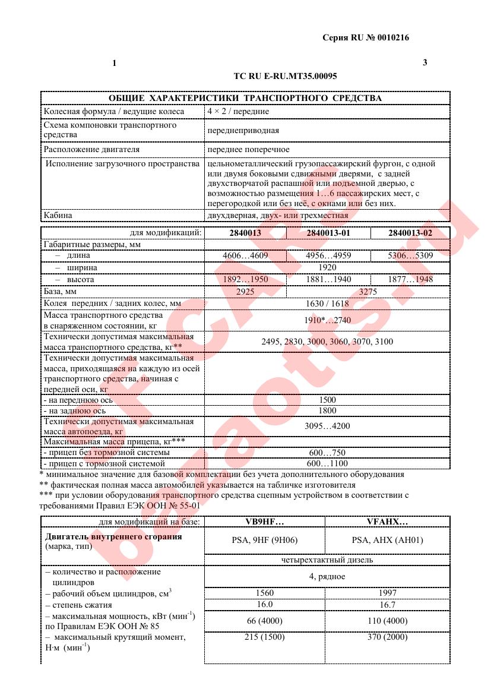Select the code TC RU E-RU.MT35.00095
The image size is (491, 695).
click(x=286, y=76)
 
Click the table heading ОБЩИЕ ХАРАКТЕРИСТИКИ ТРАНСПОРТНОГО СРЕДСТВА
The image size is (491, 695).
click(x=245, y=98)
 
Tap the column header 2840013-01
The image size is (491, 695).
click(x=328, y=233)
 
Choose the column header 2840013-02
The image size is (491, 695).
click(x=410, y=233)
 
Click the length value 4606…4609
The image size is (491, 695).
click(x=245, y=256)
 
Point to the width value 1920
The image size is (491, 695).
click(x=327, y=267)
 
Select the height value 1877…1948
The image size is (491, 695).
click(x=410, y=279)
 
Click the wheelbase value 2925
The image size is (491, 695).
click(x=245, y=292)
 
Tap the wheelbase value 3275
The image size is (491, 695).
click(x=368, y=292)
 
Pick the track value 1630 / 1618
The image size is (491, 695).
click(x=327, y=304)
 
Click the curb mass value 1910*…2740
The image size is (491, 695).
click(x=327, y=320)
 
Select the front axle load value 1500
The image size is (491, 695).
click(x=327, y=400)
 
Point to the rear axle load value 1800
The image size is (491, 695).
click(x=327, y=410)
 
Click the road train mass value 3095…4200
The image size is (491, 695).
click(x=327, y=426)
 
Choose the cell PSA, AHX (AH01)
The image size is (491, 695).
click(x=387, y=540)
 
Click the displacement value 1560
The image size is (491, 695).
click(x=264, y=593)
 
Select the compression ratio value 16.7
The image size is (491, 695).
click(x=387, y=605)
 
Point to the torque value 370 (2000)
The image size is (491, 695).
click(x=387, y=637)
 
